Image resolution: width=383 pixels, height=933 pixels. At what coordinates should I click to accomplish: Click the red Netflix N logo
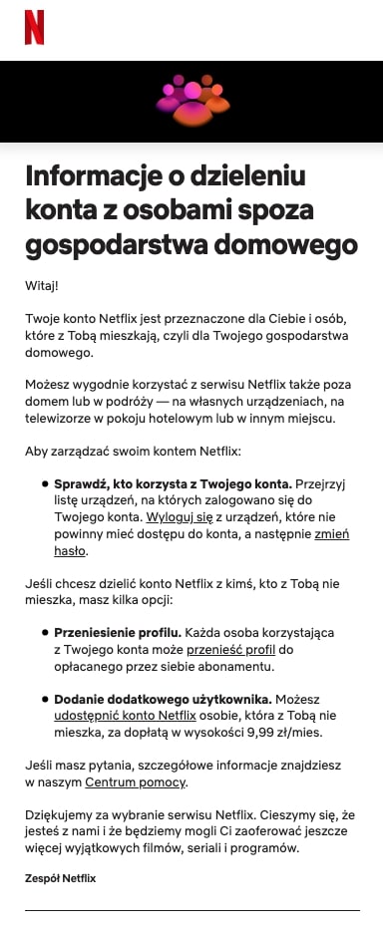coord(35,27)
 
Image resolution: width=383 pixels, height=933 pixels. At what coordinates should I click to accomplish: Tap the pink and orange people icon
coord(191,102)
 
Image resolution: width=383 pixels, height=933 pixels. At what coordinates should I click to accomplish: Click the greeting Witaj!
coord(42,286)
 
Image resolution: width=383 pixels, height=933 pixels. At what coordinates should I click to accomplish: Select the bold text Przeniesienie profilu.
coord(118,632)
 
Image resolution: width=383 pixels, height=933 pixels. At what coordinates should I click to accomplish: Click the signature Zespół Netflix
coord(60,878)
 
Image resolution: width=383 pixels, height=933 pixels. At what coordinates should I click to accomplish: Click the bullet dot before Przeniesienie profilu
coord(45,633)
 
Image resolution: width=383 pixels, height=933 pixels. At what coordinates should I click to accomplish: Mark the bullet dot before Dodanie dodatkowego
coord(45,700)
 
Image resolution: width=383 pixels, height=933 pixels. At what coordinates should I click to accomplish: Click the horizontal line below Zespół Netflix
coord(191,910)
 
